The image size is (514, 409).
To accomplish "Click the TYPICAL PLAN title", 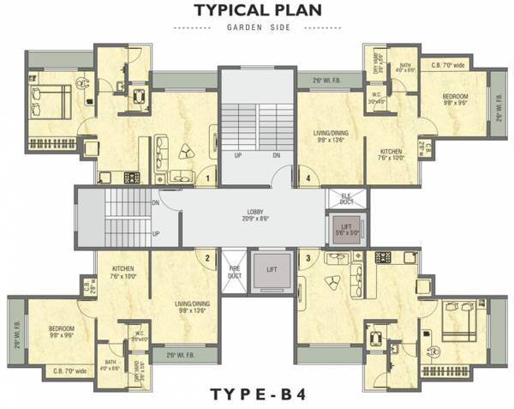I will point(257,11).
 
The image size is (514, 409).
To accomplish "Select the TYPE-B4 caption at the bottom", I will point(256,394).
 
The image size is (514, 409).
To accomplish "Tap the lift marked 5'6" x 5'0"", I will point(345,229).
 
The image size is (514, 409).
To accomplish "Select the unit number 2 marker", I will point(206,256).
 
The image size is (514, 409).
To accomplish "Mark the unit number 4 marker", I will point(308,178).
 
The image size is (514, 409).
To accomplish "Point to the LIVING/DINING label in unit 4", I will point(330,135).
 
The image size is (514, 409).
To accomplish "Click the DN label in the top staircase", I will point(277,155).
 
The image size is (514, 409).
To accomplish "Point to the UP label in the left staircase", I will point(156,233).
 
